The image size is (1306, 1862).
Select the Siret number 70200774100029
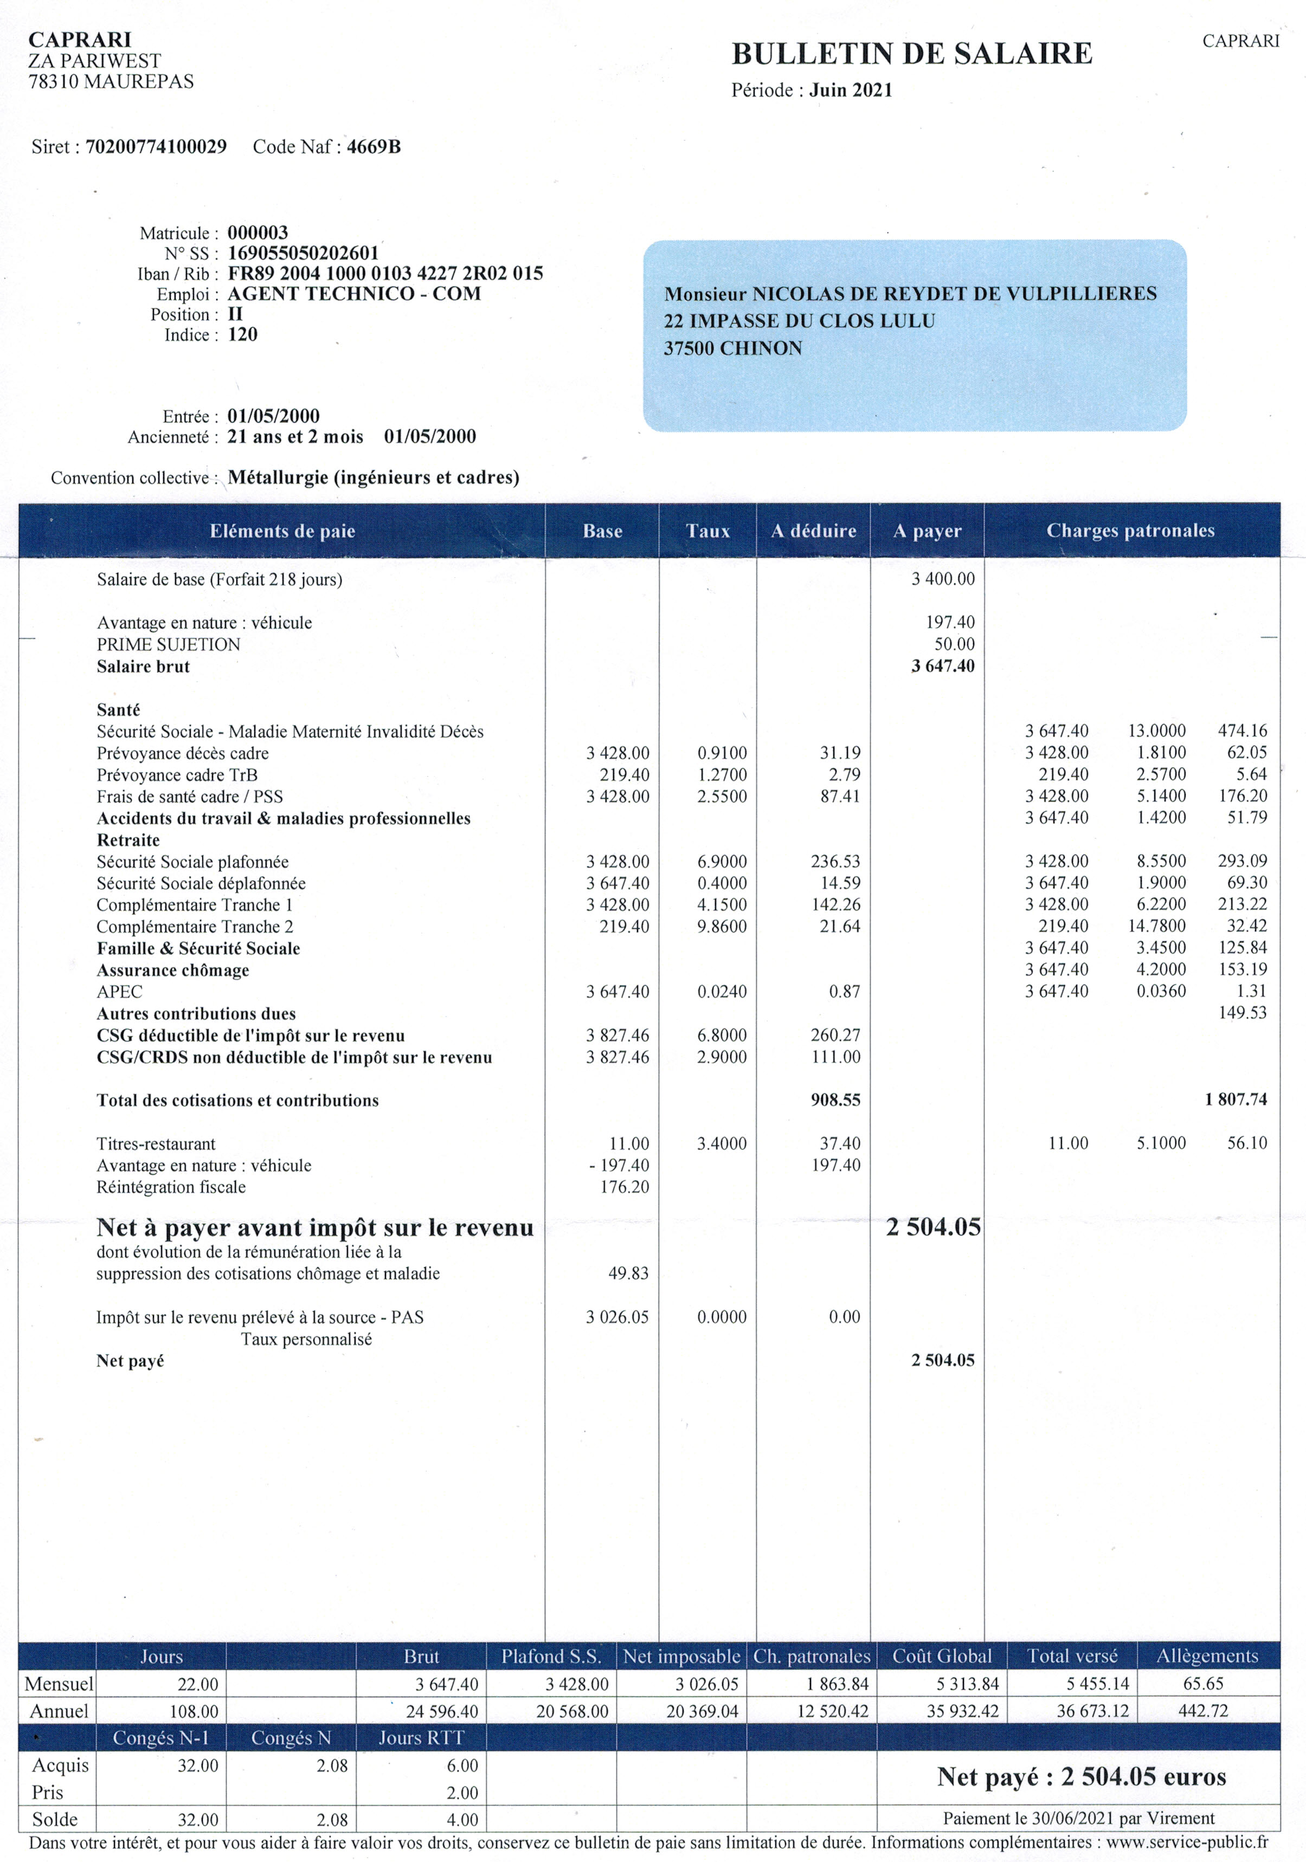point(156,147)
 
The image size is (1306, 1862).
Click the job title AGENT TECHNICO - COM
point(353,294)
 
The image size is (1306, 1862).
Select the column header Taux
point(707,531)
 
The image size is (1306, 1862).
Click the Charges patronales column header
point(1130,531)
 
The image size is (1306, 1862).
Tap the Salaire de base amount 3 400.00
point(943,579)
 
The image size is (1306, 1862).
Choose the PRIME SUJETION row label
point(169,645)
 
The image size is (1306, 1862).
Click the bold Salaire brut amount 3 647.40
point(943,667)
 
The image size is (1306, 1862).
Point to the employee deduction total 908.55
point(835,1101)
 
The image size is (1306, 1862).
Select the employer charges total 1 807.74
point(1236,1100)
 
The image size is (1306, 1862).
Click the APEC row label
point(119,992)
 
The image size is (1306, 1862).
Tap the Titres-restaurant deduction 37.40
point(840,1143)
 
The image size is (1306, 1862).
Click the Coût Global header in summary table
point(942,1656)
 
